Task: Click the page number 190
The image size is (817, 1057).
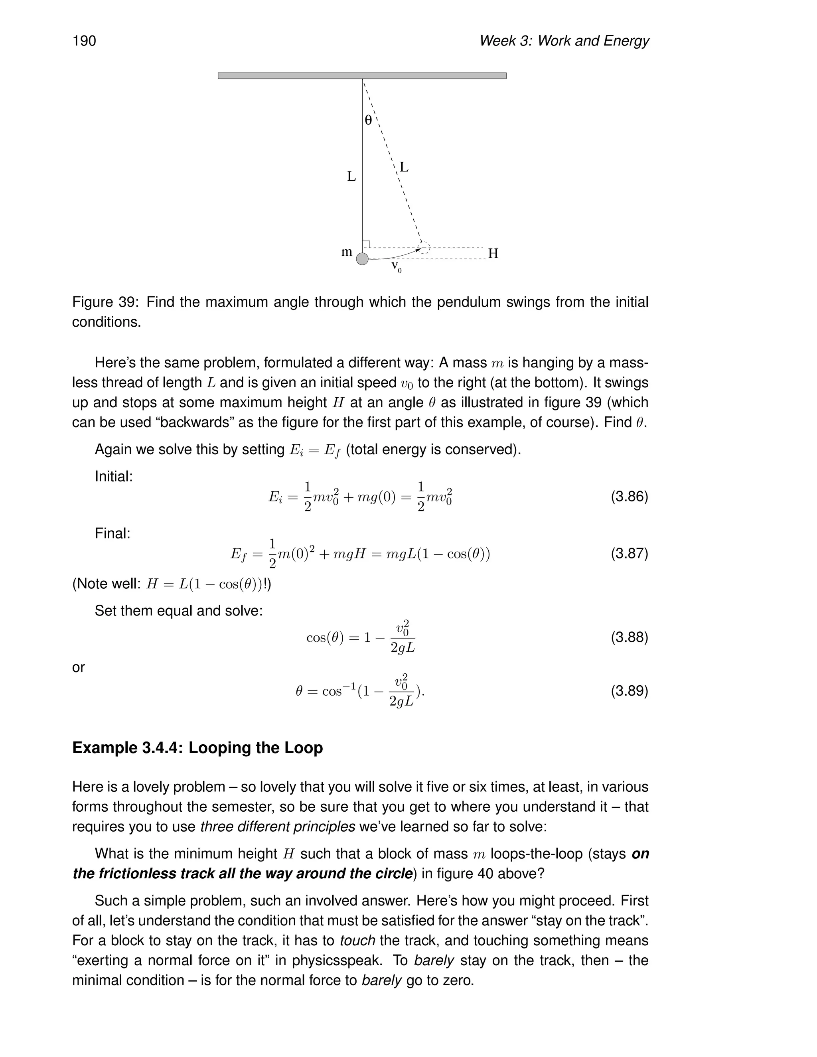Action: coord(84,41)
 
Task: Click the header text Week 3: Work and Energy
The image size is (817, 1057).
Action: coord(563,41)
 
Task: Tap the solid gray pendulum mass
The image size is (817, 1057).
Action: coord(362,259)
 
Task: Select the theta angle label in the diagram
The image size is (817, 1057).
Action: coord(368,120)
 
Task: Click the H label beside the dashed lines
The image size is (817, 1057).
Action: coord(493,254)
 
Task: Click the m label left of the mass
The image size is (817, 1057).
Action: coord(347,252)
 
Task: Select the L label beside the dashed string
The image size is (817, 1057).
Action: coord(404,168)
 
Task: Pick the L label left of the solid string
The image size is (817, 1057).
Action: coord(351,177)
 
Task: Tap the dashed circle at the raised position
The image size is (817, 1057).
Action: coord(424,247)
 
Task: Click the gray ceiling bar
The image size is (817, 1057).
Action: coord(362,75)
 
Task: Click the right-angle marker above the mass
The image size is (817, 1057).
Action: coord(366,244)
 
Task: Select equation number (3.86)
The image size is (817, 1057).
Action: coord(629,497)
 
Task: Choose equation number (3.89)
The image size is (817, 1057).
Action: coord(629,690)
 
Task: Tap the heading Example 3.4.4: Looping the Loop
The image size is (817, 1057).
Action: coord(197,748)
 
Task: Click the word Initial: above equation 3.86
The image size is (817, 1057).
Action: coord(114,477)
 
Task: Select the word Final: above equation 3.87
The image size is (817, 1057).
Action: coord(112,533)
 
